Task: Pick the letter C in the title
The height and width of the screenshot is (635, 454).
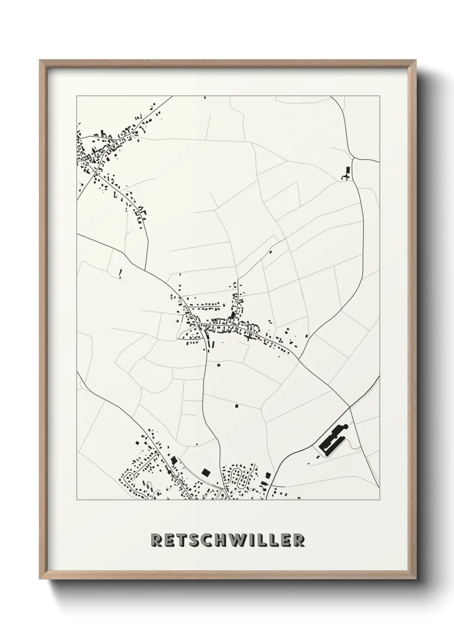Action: click(211, 541)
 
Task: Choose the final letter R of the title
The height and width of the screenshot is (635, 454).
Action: click(299, 541)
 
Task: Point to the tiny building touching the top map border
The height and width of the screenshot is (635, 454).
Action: click(205, 97)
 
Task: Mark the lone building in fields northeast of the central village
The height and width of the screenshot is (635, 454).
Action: click(270, 252)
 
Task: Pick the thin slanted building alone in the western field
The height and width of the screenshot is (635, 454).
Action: click(121, 273)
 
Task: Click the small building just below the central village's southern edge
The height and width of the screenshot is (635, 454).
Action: click(218, 365)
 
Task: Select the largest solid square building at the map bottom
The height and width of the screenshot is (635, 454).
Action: click(206, 472)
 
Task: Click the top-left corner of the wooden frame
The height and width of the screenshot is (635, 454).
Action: click(40, 60)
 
